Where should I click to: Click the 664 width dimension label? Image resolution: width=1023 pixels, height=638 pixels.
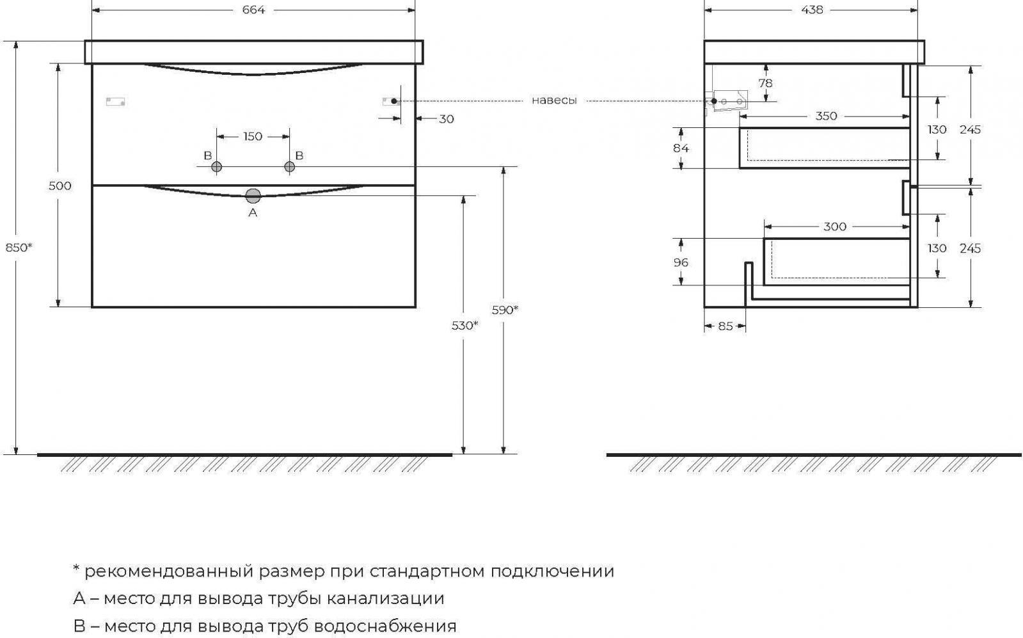pos(253,10)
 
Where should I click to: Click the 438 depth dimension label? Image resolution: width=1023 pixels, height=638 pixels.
pos(812,10)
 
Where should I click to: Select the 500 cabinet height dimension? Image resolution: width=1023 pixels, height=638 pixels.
pos(60,186)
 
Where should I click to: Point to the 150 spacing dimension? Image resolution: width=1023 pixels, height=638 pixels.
pos(253,136)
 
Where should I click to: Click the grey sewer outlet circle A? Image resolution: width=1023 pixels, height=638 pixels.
pos(253,196)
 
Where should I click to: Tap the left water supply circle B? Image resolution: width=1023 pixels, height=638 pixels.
pos(217,167)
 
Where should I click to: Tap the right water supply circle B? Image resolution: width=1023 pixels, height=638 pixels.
pos(289,167)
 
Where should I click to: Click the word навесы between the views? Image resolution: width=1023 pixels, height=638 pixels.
pos(554,100)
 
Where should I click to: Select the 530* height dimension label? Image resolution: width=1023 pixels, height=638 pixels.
pos(465,325)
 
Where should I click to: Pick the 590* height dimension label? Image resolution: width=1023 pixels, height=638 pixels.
pos(505,310)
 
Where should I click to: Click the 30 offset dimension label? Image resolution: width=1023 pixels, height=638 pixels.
pos(447,118)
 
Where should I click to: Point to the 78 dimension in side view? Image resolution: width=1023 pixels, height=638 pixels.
pos(765,83)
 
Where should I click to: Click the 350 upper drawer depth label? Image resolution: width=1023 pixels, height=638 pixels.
pos(826,116)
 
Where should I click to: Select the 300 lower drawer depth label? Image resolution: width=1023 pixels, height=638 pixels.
pos(835,227)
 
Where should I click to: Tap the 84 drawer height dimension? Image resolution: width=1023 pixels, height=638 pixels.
pos(681,148)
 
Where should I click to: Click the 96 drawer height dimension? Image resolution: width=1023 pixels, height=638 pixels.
pos(681,262)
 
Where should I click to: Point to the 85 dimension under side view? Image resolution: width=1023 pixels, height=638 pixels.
pos(725,326)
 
